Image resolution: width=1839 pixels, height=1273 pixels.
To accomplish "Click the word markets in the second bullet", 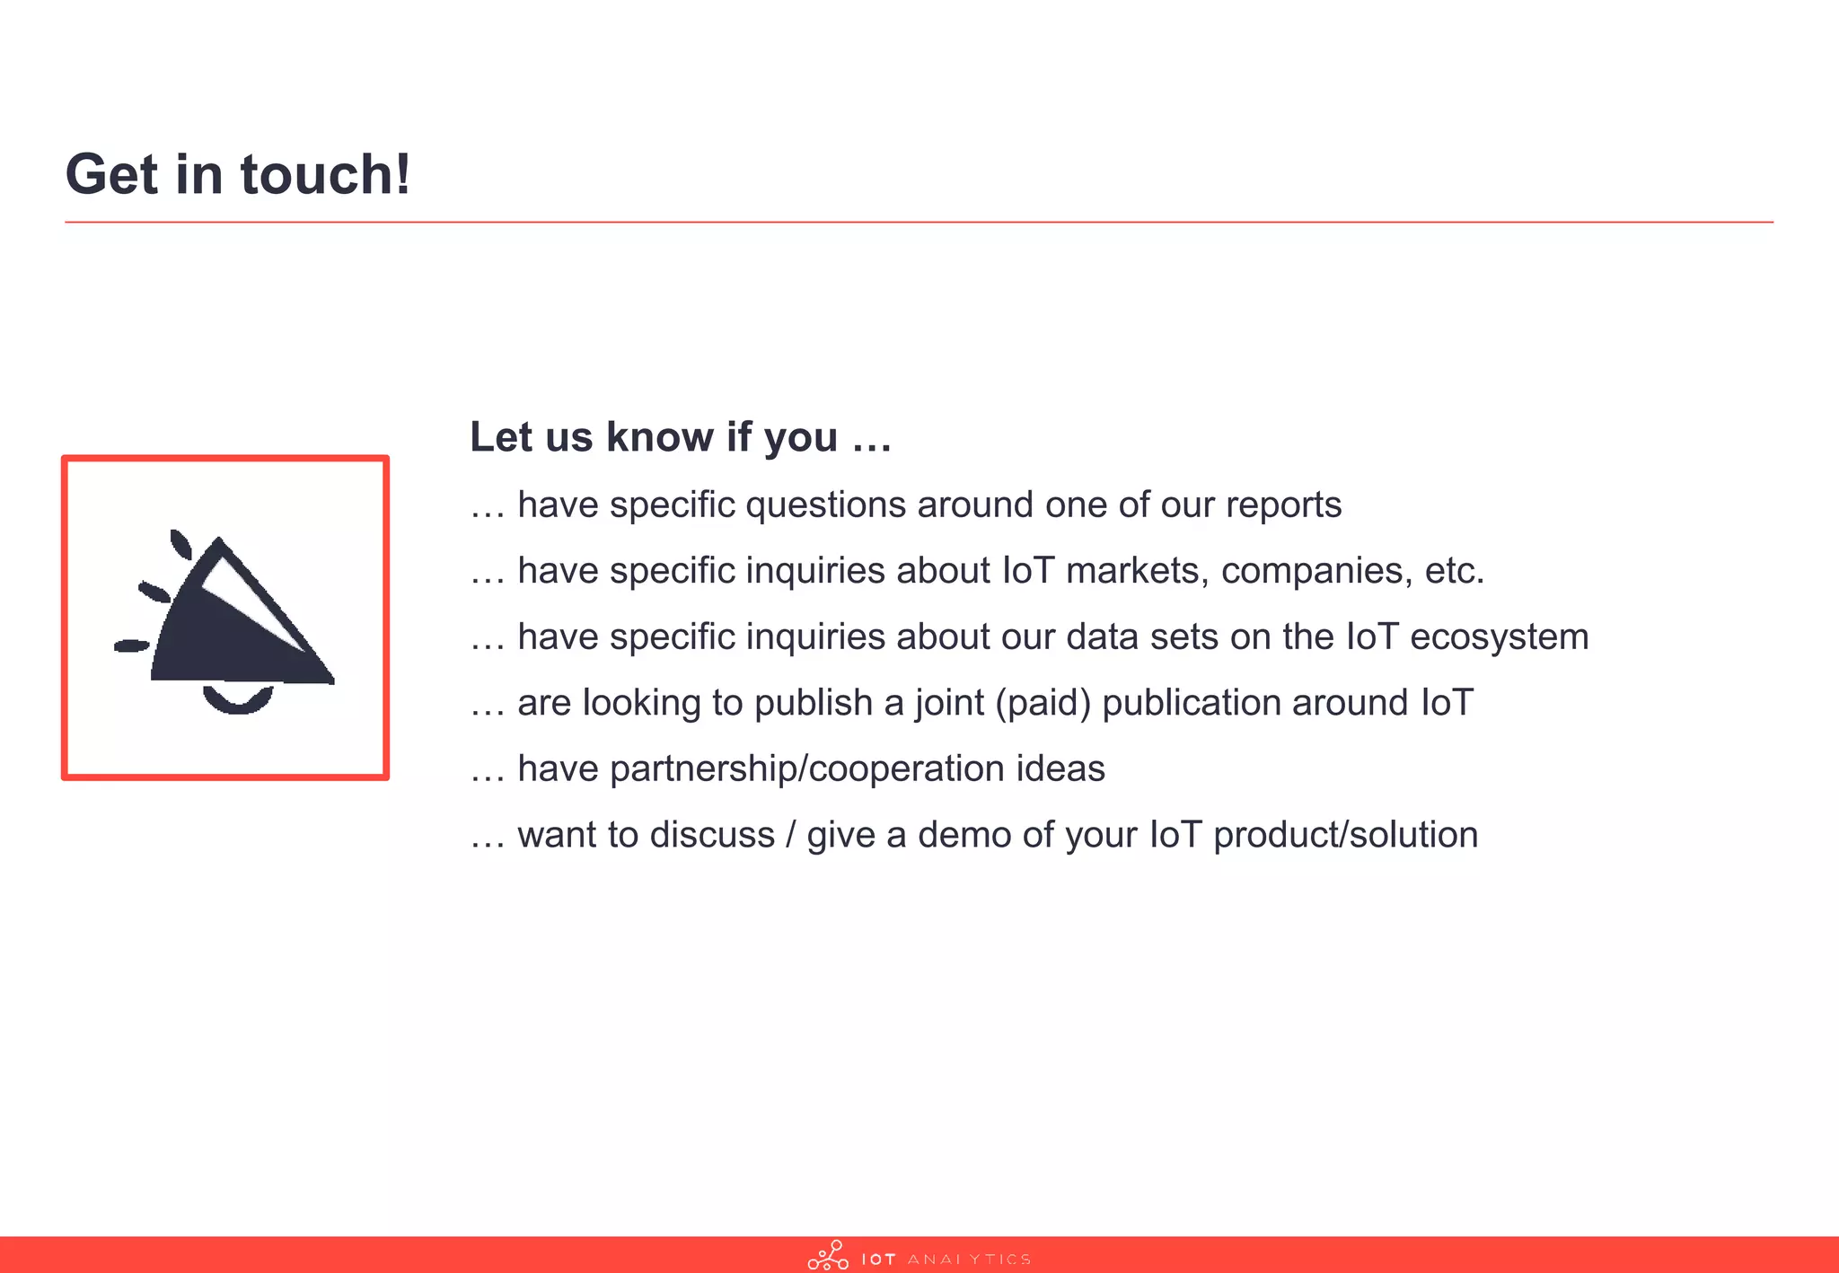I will tap(1138, 571).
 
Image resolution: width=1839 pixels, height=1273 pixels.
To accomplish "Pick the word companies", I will tap(1316, 571).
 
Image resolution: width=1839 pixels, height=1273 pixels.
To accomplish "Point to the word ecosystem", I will tap(1499, 637).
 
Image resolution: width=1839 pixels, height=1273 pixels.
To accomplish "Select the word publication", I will tap(1192, 703).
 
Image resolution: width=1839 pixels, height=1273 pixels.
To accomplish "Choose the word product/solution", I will tap(1345, 835).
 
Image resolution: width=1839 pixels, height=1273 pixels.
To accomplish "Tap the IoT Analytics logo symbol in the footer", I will tap(828, 1256).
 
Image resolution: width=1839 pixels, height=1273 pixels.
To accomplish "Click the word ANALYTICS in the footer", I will tap(969, 1260).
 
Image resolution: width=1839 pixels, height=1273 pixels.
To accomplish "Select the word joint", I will tap(950, 703).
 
